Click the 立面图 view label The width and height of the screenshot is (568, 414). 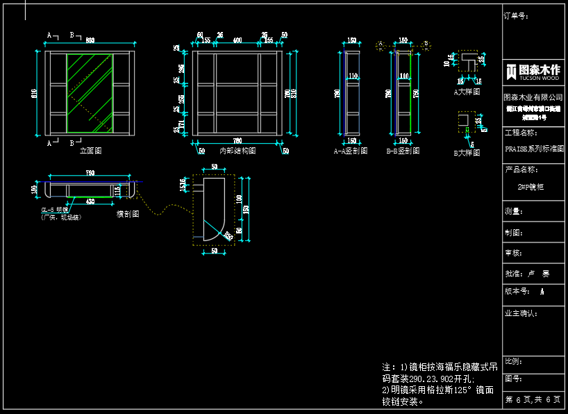point(91,150)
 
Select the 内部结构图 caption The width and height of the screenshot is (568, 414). point(237,150)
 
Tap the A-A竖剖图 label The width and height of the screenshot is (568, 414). point(351,150)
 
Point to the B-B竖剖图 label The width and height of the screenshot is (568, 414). point(403,150)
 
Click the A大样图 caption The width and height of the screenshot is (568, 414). point(467,90)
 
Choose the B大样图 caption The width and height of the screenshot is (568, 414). point(467,153)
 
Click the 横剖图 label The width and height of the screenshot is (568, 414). point(128,214)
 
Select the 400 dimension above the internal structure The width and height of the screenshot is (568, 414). point(237,41)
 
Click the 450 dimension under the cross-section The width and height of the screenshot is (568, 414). point(90,201)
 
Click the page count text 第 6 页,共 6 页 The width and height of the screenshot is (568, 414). point(533,399)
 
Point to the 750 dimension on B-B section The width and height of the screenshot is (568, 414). point(417,93)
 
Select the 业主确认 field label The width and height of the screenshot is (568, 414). point(521,313)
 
